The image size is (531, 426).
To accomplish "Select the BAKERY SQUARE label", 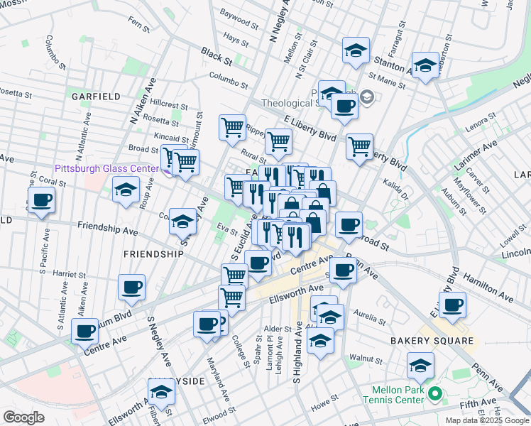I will coord(431,342).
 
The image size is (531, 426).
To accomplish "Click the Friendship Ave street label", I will coord(107,230).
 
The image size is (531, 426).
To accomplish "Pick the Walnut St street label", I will coord(371,360).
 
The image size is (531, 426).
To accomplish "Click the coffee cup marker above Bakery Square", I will coord(451,305).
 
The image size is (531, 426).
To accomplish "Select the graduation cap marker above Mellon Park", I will coord(420,366).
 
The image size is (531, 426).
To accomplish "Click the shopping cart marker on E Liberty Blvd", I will coord(360,147).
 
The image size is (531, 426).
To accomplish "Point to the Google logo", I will coord(23,417).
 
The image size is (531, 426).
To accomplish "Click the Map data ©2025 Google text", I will coord(486,420).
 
